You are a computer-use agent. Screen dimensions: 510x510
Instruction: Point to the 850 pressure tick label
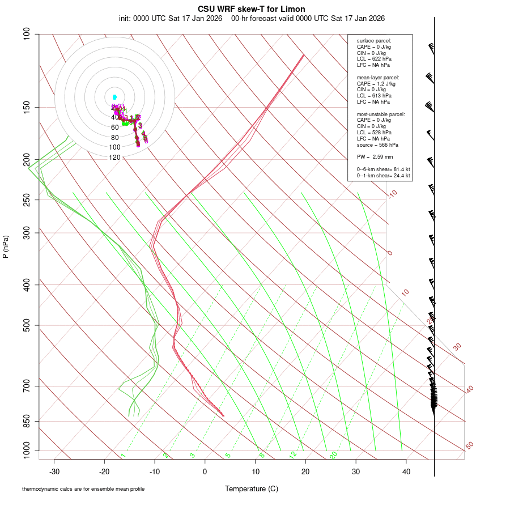(x=27, y=421)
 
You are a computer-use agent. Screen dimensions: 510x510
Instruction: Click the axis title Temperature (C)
(x=252, y=488)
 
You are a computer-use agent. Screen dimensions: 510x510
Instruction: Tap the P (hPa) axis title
(x=6, y=246)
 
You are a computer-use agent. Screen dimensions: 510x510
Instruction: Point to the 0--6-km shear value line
(x=383, y=169)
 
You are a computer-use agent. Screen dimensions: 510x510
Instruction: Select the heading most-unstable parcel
(x=381, y=114)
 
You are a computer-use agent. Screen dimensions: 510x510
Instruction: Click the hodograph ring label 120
(x=114, y=158)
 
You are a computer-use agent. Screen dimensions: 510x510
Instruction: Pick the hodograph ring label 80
(x=114, y=138)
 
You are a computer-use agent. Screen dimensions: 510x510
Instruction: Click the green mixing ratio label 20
(x=334, y=455)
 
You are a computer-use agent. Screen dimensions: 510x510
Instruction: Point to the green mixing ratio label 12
(x=293, y=455)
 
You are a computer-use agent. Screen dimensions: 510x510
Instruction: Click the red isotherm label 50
(x=469, y=446)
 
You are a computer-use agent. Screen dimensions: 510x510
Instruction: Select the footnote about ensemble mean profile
(x=83, y=489)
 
